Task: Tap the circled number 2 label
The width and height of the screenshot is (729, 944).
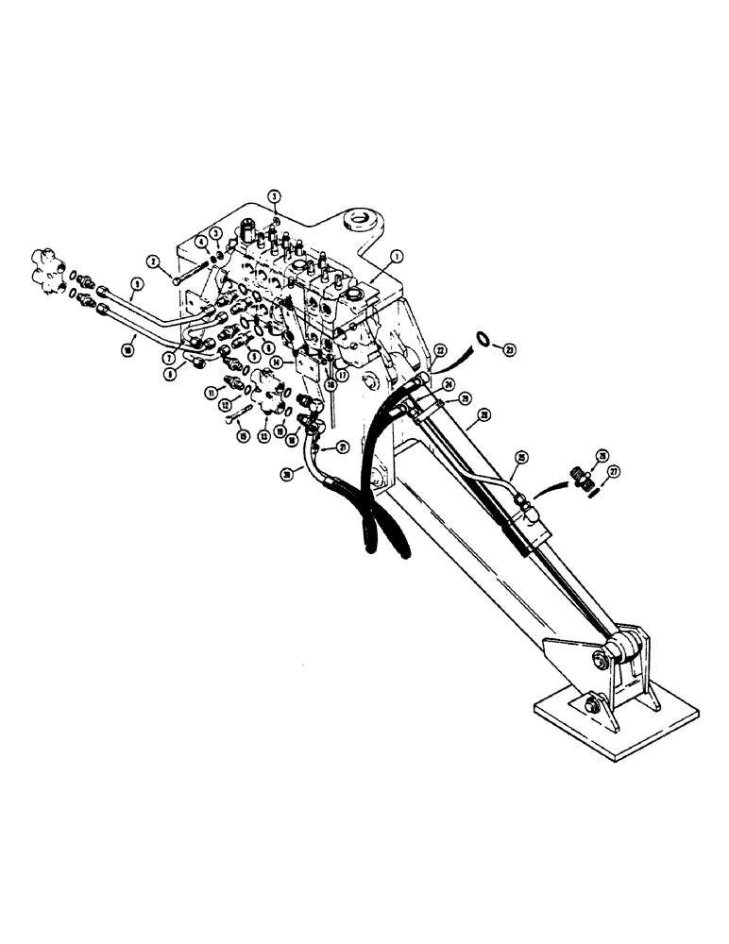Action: [x=155, y=261]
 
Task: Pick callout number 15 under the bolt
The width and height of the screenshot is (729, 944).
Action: [x=241, y=435]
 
